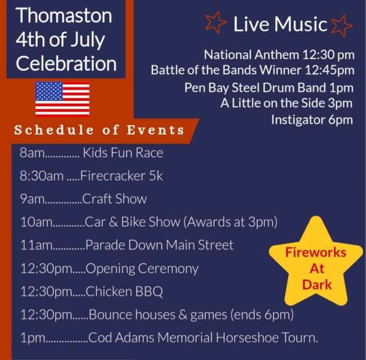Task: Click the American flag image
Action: click(62, 98)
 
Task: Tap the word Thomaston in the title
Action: click(64, 16)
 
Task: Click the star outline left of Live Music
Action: click(215, 22)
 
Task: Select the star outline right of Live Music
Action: click(342, 26)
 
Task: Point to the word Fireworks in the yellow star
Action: click(316, 252)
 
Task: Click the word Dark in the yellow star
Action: click(317, 284)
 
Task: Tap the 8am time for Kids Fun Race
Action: click(32, 153)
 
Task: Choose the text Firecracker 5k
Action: click(121, 176)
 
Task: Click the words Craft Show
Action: click(114, 199)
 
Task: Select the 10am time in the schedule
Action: click(36, 222)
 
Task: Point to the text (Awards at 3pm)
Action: click(231, 222)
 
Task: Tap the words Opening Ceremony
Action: click(142, 269)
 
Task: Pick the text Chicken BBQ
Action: click(124, 292)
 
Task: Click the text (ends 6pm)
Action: click(262, 315)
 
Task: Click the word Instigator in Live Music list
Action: click(298, 120)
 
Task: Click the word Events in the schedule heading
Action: click(156, 130)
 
